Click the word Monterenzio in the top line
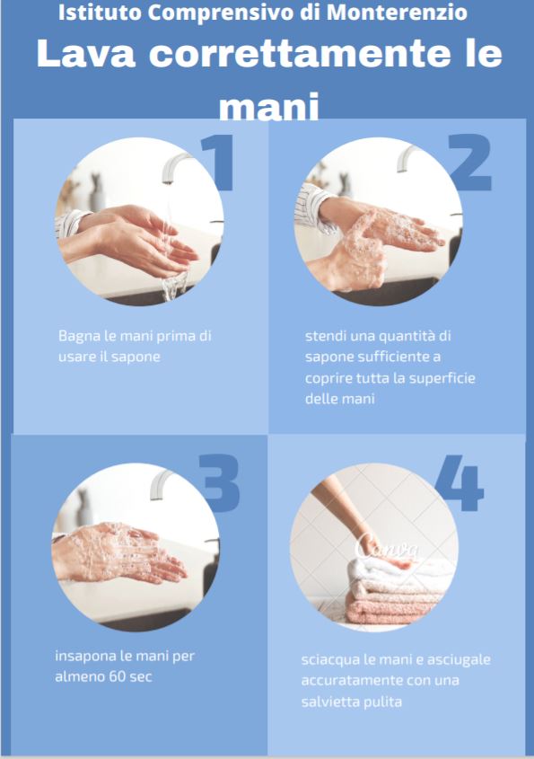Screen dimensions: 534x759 click(397, 13)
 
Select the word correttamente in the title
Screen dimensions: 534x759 click(300, 54)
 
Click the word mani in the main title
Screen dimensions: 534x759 click(269, 107)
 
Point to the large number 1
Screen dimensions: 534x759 click(219, 163)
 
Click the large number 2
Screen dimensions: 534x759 click(469, 163)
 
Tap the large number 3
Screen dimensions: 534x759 click(220, 482)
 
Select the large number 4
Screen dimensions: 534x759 click(460, 482)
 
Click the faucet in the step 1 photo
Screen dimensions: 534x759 click(175, 167)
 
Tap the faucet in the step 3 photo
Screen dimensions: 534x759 click(162, 484)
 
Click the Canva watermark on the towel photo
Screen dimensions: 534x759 click(386, 548)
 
